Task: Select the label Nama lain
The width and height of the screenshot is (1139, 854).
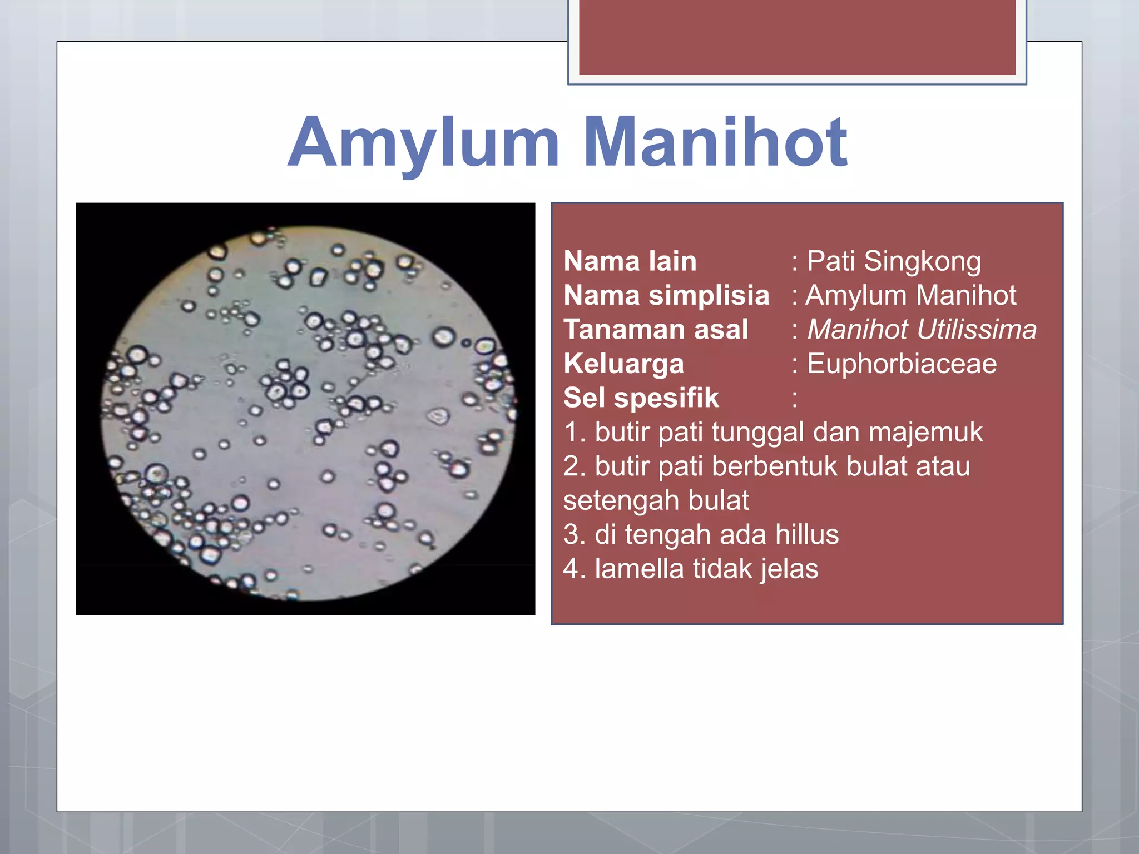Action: (630, 261)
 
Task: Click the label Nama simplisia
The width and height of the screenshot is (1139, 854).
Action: (666, 295)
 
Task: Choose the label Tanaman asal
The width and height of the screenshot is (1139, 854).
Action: (656, 329)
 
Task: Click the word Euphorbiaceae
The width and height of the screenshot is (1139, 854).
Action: (902, 364)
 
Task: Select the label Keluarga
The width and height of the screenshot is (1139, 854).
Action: (623, 364)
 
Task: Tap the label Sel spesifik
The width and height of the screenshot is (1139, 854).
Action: (641, 398)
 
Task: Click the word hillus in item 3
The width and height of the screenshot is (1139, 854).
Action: (806, 534)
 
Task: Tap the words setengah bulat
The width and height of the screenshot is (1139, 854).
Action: (656, 500)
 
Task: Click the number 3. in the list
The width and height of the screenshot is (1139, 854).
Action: (575, 534)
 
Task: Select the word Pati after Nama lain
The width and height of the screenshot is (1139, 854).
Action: (830, 261)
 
